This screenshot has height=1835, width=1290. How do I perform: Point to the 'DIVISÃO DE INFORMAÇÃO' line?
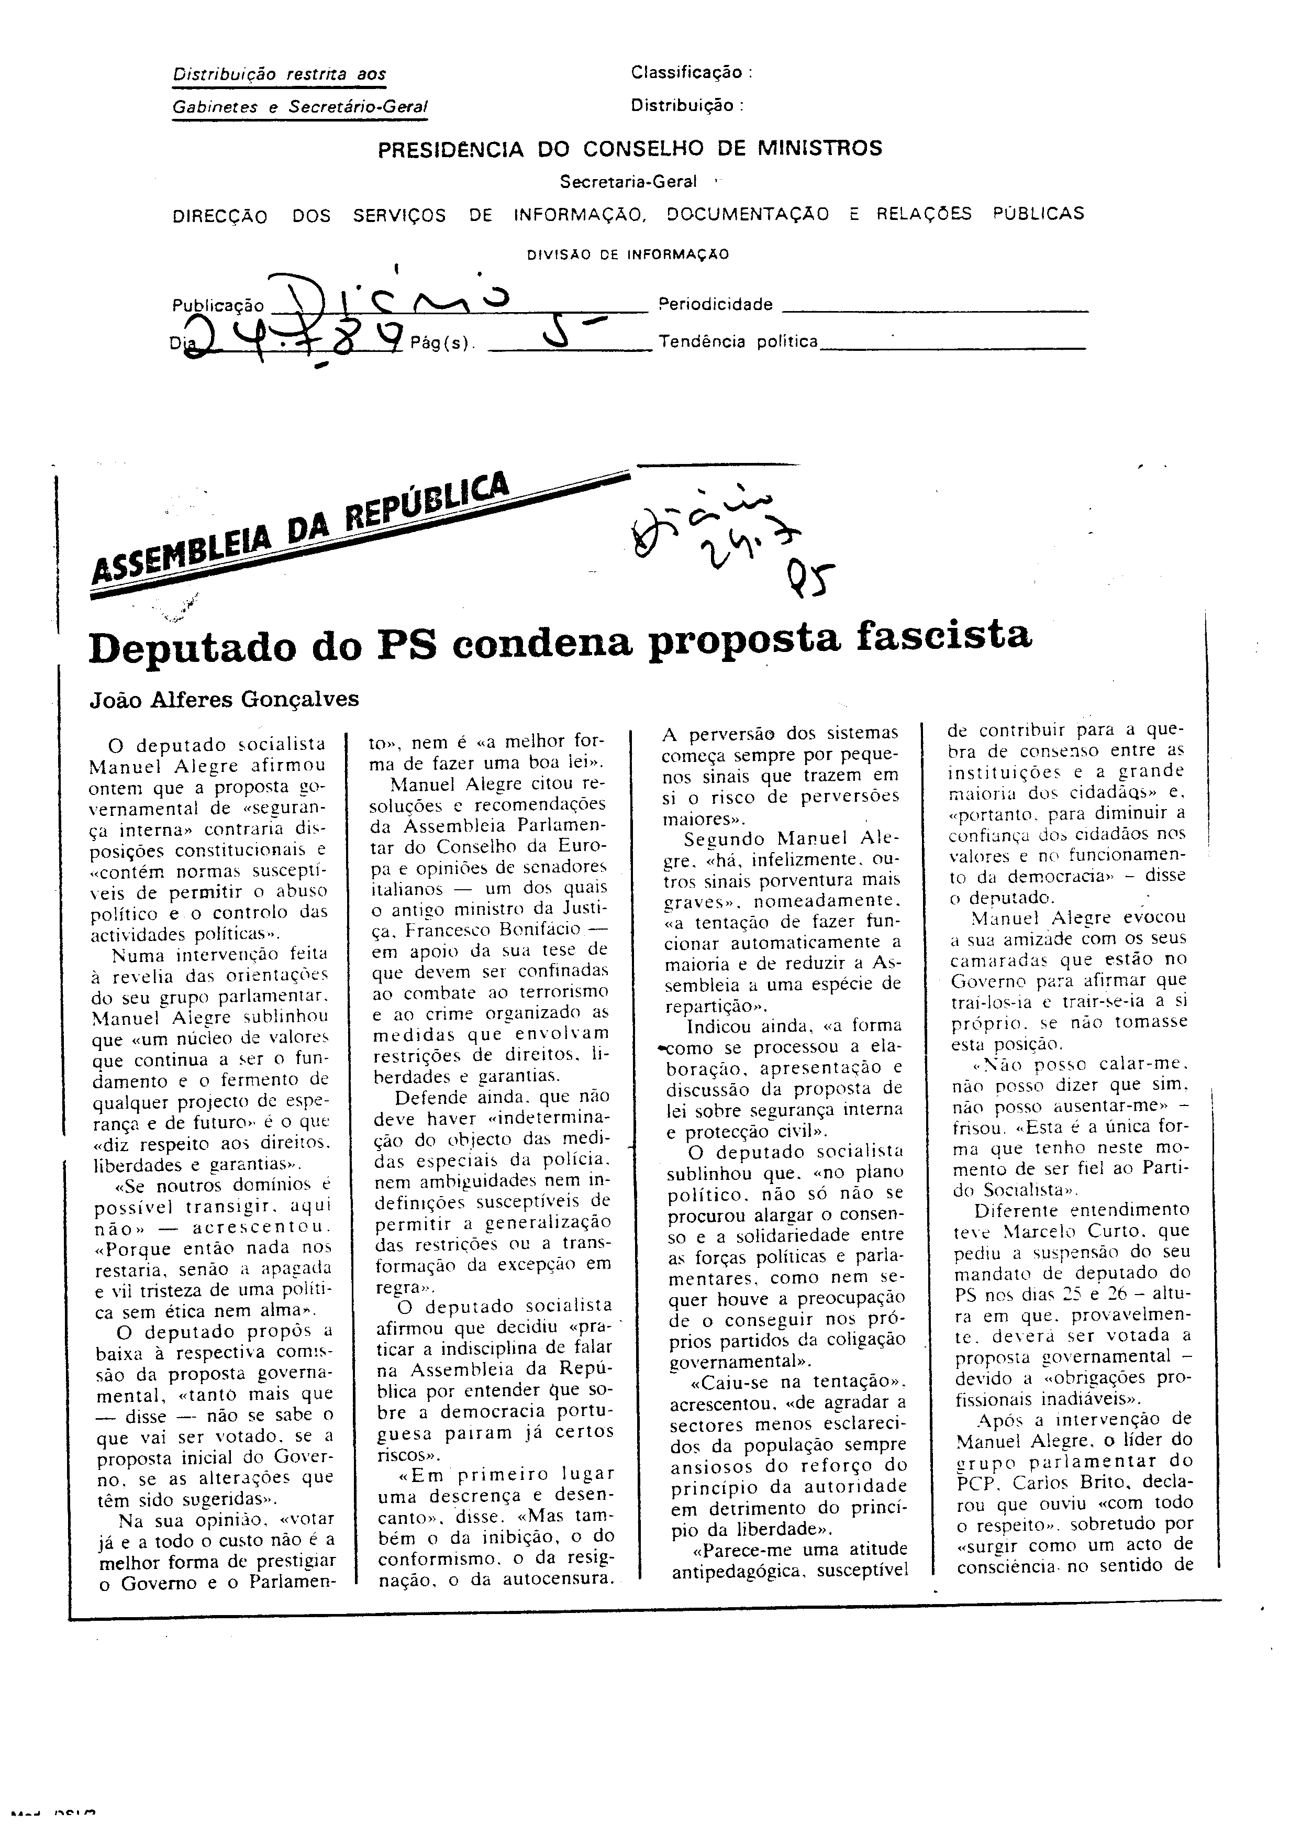point(627,255)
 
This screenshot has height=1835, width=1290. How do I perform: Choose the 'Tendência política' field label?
point(738,342)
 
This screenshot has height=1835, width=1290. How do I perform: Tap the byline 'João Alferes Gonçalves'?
point(224,699)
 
